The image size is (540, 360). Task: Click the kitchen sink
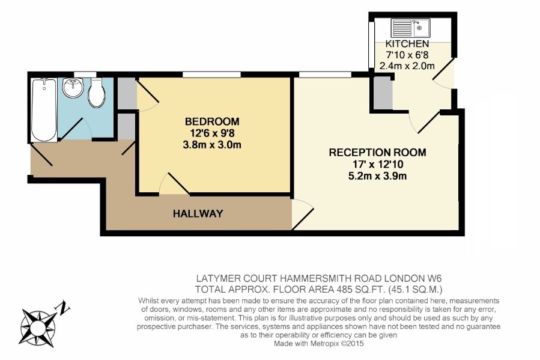click(x=410, y=28)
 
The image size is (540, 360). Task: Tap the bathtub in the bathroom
click(x=44, y=109)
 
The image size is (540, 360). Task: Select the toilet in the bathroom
click(x=97, y=92)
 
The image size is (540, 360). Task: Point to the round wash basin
click(x=73, y=88)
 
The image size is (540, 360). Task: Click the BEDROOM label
click(x=212, y=121)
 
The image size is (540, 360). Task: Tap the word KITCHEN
click(x=407, y=44)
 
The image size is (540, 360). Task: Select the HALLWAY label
click(x=198, y=213)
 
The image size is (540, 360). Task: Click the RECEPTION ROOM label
click(x=377, y=152)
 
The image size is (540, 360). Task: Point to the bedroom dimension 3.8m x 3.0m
click(x=212, y=145)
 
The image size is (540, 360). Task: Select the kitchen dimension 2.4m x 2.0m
click(x=407, y=66)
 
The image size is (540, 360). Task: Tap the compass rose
click(x=37, y=328)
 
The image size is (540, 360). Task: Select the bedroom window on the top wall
click(x=211, y=75)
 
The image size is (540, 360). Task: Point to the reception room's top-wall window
click(x=325, y=75)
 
